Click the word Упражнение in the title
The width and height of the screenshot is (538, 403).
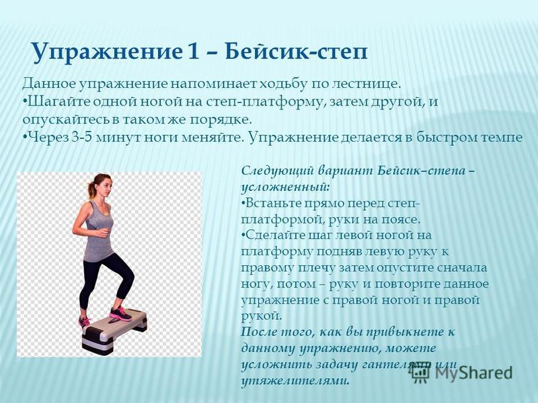pyautogui.click(x=106, y=52)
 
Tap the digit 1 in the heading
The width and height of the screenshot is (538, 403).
pyautogui.click(x=192, y=52)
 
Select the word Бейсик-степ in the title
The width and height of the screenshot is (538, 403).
pyautogui.click(x=297, y=52)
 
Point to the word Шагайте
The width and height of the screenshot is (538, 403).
pyautogui.click(x=56, y=102)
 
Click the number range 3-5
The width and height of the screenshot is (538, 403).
pyautogui.click(x=82, y=138)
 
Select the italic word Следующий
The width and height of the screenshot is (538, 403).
pyautogui.click(x=278, y=171)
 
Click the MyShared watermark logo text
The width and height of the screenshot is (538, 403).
pyautogui.click(x=473, y=373)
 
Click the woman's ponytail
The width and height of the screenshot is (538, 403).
pyautogui.click(x=91, y=188)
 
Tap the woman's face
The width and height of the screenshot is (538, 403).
pyautogui.click(x=106, y=187)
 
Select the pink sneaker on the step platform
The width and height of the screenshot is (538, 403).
pyautogui.click(x=120, y=314)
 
